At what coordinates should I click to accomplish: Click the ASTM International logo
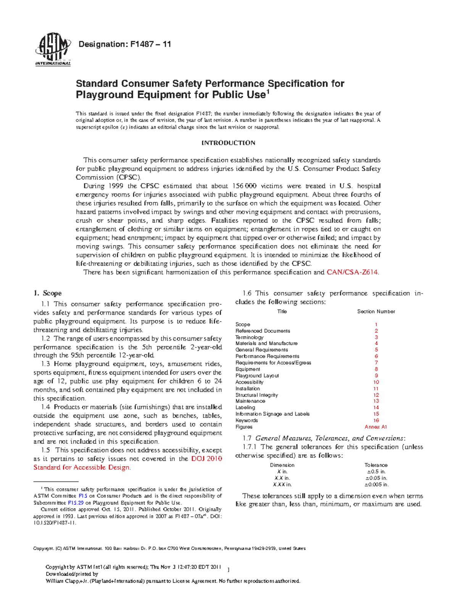pos(53,49)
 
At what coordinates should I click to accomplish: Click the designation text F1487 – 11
pos(124,44)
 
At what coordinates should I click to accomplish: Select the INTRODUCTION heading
pos(228,143)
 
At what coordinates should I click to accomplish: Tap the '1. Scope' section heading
pos(47,293)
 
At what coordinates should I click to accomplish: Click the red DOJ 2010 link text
pos(206,459)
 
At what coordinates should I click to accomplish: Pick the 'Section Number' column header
pos(376,312)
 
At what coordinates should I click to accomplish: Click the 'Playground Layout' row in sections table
pos(257,376)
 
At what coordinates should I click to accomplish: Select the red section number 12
pos(376,395)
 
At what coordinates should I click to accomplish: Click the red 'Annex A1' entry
pos(376,427)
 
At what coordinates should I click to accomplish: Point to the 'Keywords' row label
pos(247,420)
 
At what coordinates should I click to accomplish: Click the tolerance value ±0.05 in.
pos(376,478)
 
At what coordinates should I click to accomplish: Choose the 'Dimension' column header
pos(282,465)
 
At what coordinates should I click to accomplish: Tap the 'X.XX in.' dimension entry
pos(282,485)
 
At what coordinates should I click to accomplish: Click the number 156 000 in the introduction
pos(244,186)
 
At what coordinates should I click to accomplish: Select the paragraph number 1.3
pos(45,364)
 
